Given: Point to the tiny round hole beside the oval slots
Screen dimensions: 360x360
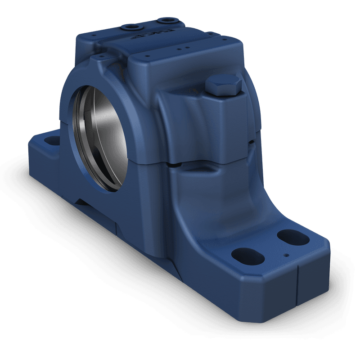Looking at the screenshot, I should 286,255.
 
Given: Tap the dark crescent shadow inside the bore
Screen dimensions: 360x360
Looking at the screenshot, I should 83,135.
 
